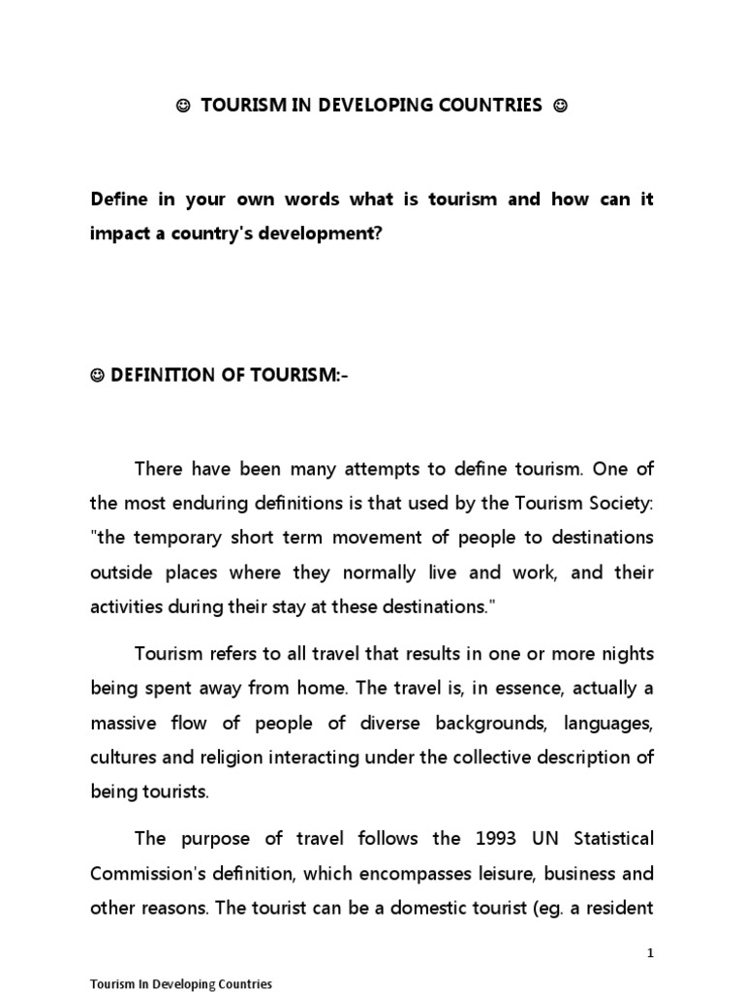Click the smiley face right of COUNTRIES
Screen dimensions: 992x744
pos(559,107)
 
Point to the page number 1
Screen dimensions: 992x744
pos(651,954)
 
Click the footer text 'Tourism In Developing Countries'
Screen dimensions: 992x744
pos(181,983)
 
